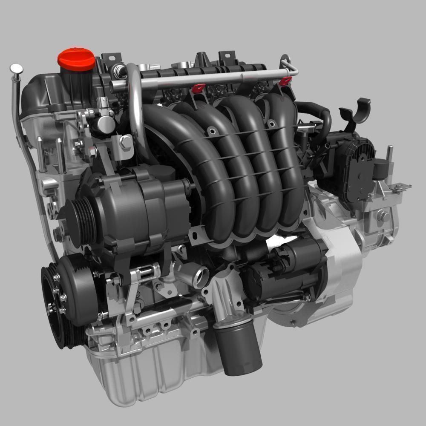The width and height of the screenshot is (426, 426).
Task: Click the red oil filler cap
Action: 77,59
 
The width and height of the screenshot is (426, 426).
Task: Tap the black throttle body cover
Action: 349,170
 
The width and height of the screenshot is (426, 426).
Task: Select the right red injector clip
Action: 285,81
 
